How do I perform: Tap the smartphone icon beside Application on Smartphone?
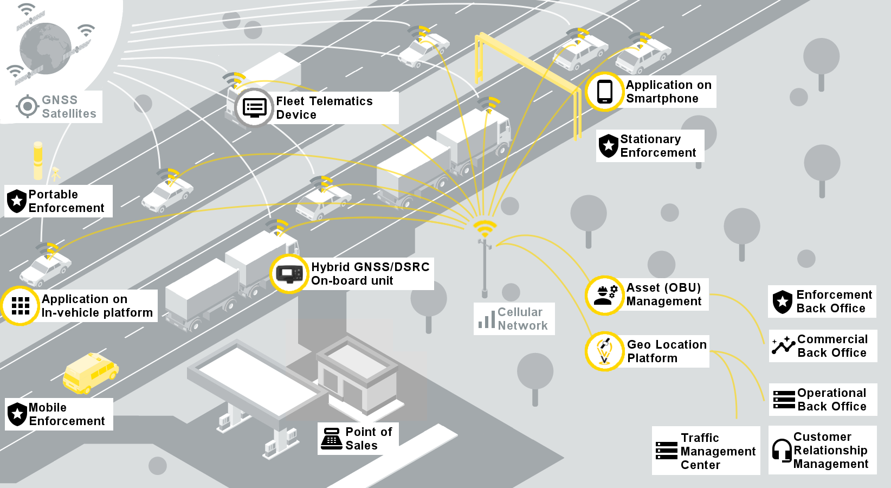(604, 92)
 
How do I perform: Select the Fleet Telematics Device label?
(324, 108)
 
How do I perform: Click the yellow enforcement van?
(90, 373)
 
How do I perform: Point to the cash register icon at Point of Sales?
(331, 439)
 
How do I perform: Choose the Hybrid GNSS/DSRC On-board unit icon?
(289, 273)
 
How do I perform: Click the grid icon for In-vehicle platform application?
(21, 306)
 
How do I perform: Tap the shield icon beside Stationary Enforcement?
(608, 146)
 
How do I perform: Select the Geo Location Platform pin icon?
(604, 351)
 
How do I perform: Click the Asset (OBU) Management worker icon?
(605, 295)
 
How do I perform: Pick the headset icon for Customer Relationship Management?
(782, 450)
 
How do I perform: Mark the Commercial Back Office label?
(832, 346)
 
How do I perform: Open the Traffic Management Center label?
(718, 451)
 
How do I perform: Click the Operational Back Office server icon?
(784, 400)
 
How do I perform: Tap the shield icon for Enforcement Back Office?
(782, 302)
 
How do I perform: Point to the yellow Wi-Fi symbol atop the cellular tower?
(485, 227)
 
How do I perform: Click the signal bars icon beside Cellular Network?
(487, 319)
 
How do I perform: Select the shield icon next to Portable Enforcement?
(17, 201)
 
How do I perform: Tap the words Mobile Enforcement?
(66, 414)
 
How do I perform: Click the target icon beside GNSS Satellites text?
(27, 106)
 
